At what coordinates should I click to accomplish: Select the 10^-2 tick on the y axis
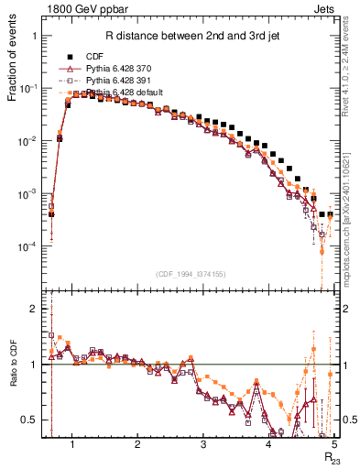(x=30, y=142)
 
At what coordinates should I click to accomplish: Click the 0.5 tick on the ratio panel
(x=30, y=420)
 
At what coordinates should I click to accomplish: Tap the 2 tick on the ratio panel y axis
(x=36, y=309)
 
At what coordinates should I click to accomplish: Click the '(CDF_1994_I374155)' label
(x=191, y=275)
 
